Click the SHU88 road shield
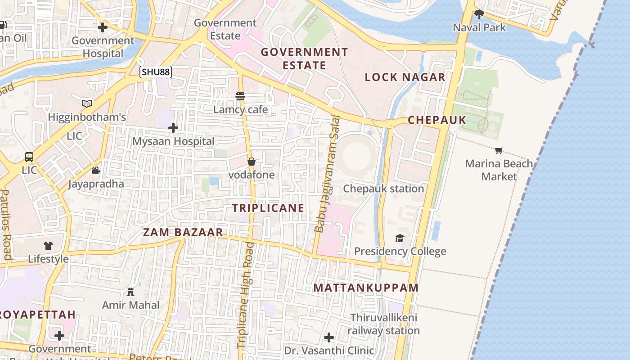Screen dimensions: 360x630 [x=156, y=72]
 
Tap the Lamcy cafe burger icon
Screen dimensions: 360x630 [x=240, y=96]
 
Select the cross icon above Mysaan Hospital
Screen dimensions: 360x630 [x=173, y=128]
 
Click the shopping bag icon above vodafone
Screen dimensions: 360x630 [x=252, y=162]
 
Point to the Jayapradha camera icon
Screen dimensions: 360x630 [x=96, y=171]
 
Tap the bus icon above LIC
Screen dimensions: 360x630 [x=29, y=157]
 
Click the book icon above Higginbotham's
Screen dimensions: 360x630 [x=87, y=104]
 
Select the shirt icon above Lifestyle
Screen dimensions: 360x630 [x=48, y=246]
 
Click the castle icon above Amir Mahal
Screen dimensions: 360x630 [x=130, y=292]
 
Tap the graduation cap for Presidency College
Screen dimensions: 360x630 [x=400, y=238]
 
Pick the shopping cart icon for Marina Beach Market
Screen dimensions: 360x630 [x=499, y=150]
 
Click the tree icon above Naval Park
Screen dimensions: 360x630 [x=479, y=14]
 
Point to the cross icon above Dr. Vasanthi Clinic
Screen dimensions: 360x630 [x=329, y=337]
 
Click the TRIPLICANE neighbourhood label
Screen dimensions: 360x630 [x=268, y=208]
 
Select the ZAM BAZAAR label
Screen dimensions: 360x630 [x=183, y=233]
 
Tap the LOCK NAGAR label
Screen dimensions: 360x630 [x=405, y=77]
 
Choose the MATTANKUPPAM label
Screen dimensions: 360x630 [x=366, y=288]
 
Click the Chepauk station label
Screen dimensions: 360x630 [x=383, y=189]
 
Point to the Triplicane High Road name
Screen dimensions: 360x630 [x=244, y=295]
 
